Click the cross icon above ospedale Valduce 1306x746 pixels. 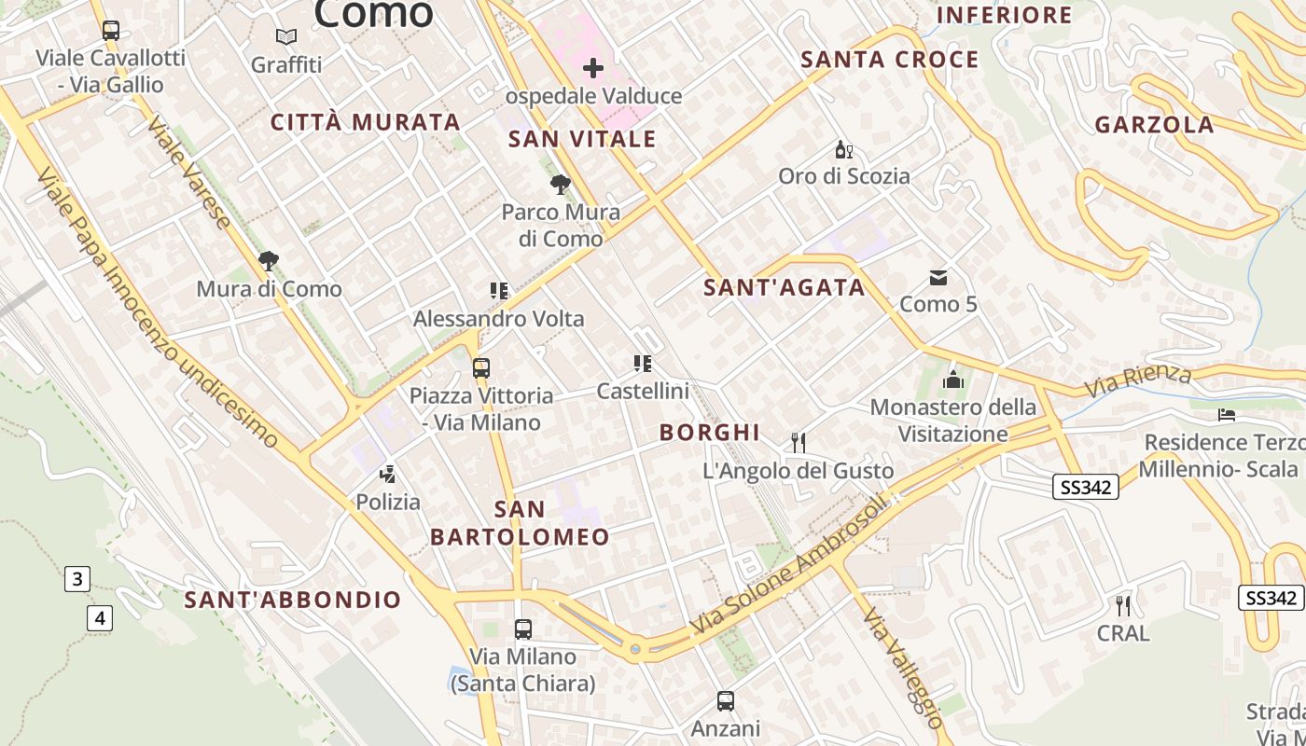click(x=592, y=68)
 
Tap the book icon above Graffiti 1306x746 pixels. click(x=286, y=37)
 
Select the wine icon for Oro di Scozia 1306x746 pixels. click(x=843, y=149)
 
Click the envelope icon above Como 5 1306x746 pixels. click(x=938, y=277)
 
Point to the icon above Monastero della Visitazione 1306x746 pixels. click(x=952, y=380)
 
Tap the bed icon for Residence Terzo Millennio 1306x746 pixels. click(x=1227, y=414)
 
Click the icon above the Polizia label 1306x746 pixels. click(x=388, y=475)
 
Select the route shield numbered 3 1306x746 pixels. click(x=76, y=579)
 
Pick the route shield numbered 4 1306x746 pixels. click(x=101, y=616)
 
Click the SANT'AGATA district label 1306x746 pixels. click(x=785, y=287)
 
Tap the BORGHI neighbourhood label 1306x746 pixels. click(x=709, y=432)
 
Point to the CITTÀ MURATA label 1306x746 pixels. click(x=366, y=122)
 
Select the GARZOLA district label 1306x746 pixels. click(x=1154, y=125)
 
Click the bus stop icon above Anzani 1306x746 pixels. click(x=725, y=700)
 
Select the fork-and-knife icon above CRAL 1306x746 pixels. click(x=1123, y=605)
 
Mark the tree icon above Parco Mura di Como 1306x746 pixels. click(x=560, y=185)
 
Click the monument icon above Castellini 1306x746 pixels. click(x=642, y=363)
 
